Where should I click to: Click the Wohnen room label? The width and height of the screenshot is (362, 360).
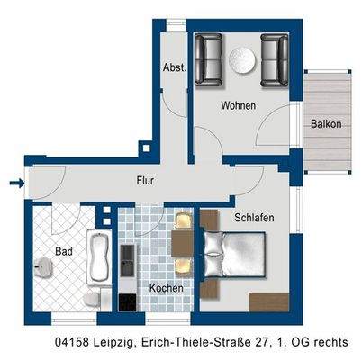[x=239, y=105]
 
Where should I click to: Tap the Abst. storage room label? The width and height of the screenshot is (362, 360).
[x=174, y=67]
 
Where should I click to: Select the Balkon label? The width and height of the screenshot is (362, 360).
[x=325, y=124]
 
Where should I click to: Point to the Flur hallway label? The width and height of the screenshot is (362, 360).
[x=145, y=180]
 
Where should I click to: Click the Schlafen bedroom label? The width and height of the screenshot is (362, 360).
[x=255, y=218]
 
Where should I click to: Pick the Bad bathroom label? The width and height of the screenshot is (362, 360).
[x=63, y=251]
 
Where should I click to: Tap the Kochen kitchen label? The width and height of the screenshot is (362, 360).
[x=167, y=288]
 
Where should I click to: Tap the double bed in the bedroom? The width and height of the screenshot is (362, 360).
[x=233, y=256]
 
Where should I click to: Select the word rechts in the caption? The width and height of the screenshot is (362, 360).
[x=328, y=342]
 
